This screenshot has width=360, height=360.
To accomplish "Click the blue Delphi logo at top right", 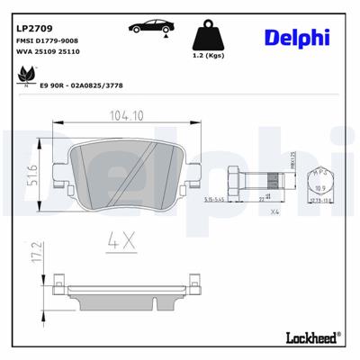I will (x=297, y=37).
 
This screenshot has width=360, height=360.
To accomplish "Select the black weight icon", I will (x=209, y=35).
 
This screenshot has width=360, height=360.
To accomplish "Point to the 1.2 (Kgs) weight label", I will (x=209, y=67).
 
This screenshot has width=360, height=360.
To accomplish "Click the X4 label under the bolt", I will (x=275, y=214).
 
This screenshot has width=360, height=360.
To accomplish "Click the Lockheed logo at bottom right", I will (x=310, y=338).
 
